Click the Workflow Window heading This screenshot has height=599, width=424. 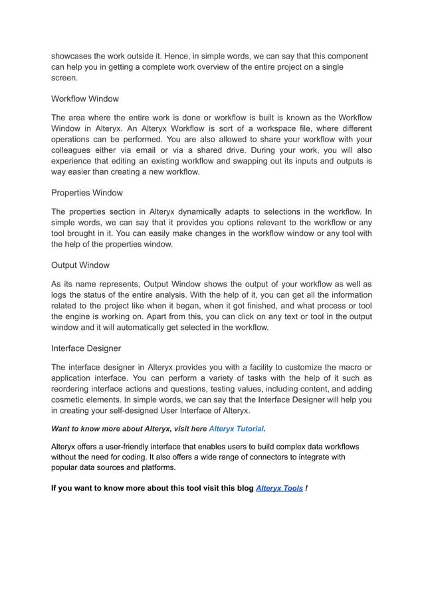(x=85, y=99)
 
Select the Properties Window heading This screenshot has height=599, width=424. (x=87, y=193)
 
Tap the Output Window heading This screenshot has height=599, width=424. (x=80, y=265)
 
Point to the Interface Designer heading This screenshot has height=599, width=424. (x=86, y=348)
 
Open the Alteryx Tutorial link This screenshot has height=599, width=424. (x=236, y=429)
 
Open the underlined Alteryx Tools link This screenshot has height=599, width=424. (x=279, y=488)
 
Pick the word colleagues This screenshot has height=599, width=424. (x=75, y=150)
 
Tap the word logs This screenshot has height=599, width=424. (x=61, y=295)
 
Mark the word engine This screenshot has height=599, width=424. (x=83, y=316)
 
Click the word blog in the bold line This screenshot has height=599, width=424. (x=242, y=488)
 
